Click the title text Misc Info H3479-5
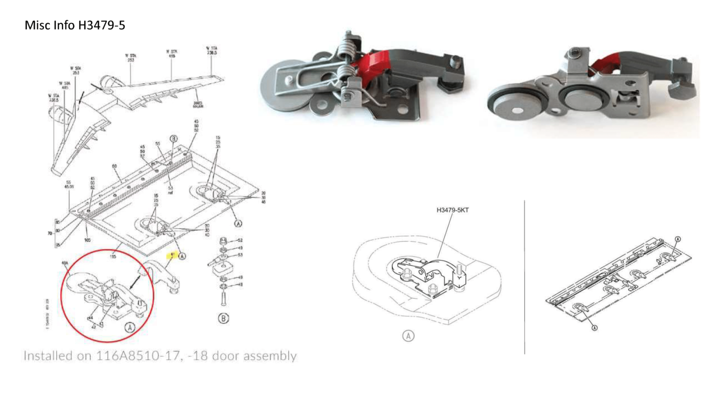point(75,25)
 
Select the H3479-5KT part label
point(452,210)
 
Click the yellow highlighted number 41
point(172,255)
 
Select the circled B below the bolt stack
point(223,318)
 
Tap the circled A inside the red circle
point(129,327)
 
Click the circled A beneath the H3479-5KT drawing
point(408,336)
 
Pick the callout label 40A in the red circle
point(65,263)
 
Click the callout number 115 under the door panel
point(113,256)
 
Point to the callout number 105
point(87,240)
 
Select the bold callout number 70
point(50,233)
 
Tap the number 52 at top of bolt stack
point(240,240)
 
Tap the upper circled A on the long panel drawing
point(678,239)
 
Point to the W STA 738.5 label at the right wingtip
point(212,50)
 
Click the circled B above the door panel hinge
point(173,139)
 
